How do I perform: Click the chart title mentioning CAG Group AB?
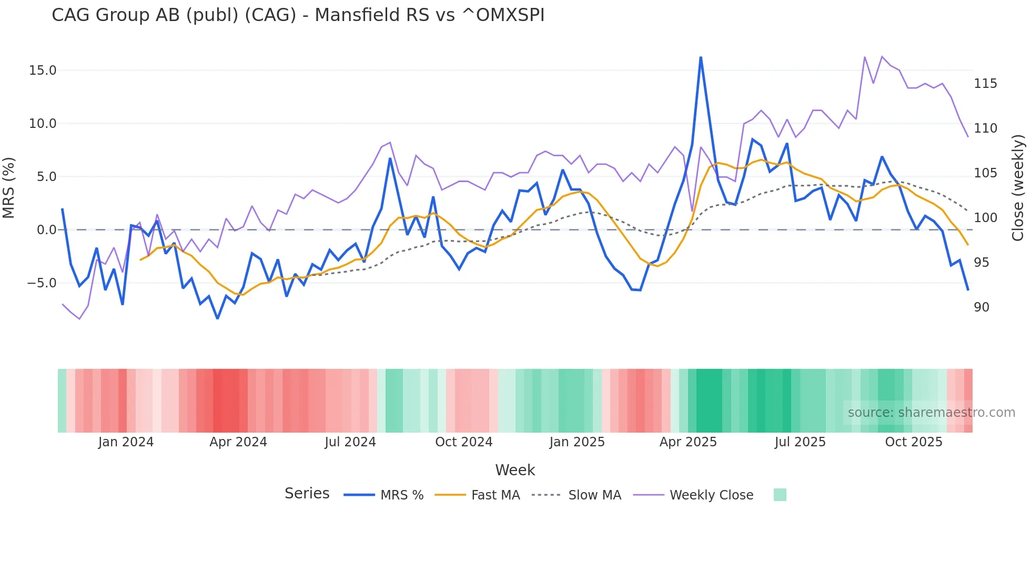point(298,15)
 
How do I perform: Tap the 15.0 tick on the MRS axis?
point(43,71)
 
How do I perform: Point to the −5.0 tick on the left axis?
point(42,283)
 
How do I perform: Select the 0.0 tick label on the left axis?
point(46,230)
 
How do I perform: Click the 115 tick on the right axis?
point(985,84)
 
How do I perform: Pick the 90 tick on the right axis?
point(982,307)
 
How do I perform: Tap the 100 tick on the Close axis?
point(985,218)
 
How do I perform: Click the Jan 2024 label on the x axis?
point(126,442)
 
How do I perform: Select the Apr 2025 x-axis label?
point(688,442)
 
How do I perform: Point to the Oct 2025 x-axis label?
point(914,442)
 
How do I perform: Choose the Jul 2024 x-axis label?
point(350,442)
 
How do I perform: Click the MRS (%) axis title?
point(9,187)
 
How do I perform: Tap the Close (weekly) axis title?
point(1018,187)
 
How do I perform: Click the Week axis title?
point(515,470)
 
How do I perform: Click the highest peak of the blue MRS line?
point(701,57)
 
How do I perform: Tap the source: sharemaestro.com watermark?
point(931,413)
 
